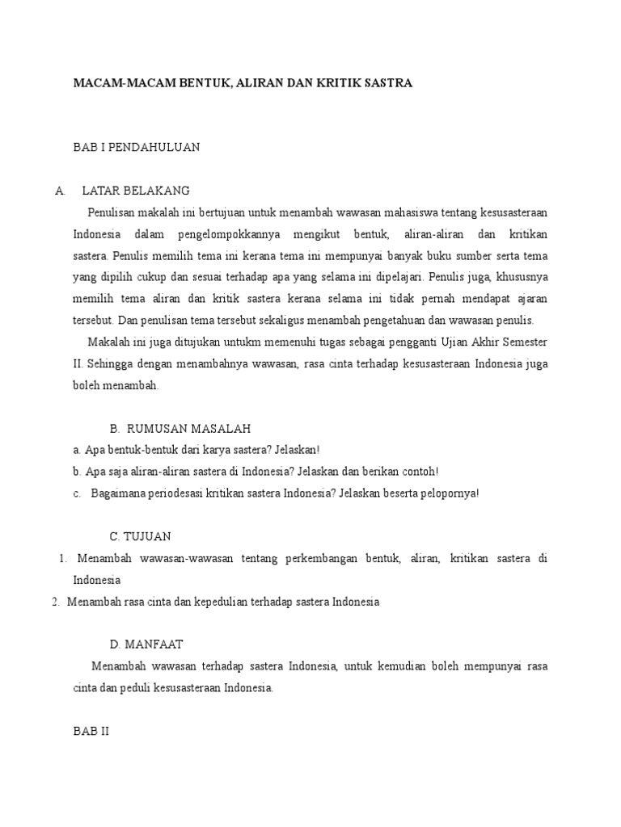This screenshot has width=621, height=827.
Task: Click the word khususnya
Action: pyautogui.click(x=522, y=277)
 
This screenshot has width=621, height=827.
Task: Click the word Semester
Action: pyautogui.click(x=524, y=342)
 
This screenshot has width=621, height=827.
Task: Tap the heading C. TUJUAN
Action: pyautogui.click(x=140, y=536)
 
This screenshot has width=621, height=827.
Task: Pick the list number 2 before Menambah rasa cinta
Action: pyautogui.click(x=55, y=602)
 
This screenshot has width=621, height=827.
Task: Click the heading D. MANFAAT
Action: pyautogui.click(x=146, y=644)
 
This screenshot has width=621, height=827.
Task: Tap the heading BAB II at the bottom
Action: pyautogui.click(x=91, y=732)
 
